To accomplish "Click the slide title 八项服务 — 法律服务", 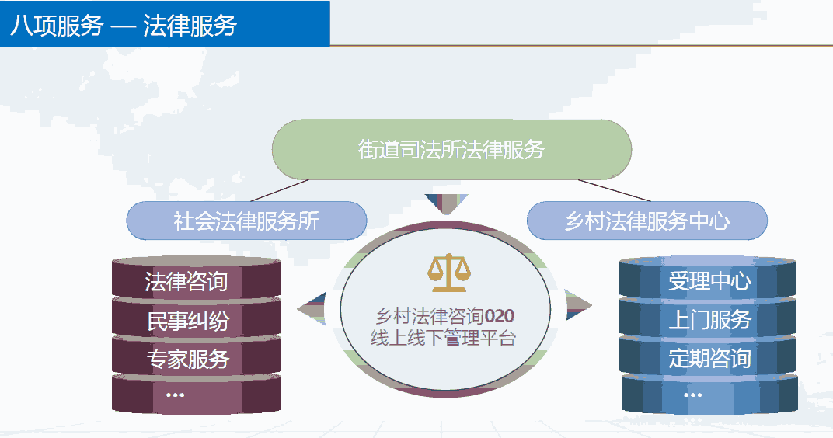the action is (x=124, y=25).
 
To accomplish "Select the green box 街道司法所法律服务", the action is (x=451, y=150).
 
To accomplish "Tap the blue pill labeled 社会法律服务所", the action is (x=246, y=221).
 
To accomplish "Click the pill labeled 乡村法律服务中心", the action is (x=647, y=221).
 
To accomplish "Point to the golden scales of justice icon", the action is (x=449, y=273).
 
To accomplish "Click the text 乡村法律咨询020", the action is (x=445, y=316).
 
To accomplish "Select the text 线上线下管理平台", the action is (x=443, y=338).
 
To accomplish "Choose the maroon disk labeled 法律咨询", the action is (x=196, y=280).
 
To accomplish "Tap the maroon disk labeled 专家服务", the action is (x=196, y=358).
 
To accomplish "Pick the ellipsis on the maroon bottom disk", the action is (x=175, y=395).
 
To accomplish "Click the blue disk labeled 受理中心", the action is (x=708, y=279).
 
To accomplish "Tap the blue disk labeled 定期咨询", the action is (x=708, y=357).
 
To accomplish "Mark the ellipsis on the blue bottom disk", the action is (x=693, y=395).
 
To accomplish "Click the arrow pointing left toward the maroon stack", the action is (x=313, y=308).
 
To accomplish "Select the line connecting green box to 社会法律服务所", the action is (x=280, y=190).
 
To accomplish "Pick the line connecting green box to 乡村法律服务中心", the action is (x=614, y=190).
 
